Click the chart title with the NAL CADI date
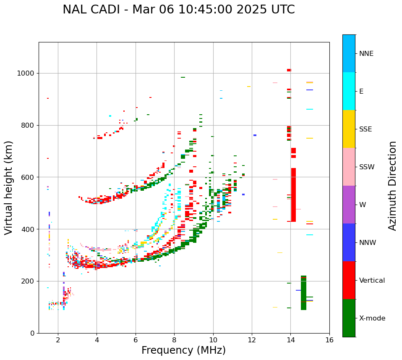[x=178, y=10]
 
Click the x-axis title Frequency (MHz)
[x=183, y=350]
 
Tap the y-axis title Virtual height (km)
[x=9, y=187]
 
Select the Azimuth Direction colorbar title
[x=392, y=185]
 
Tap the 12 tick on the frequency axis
[x=252, y=340]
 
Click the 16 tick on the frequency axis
[x=329, y=340]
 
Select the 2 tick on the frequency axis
[x=58, y=340]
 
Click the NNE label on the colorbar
[x=366, y=54]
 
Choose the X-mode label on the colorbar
[x=372, y=318]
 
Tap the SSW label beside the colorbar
[x=367, y=167]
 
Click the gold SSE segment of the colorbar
[x=349, y=129]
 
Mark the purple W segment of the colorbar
[x=349, y=205]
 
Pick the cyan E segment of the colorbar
[x=349, y=91]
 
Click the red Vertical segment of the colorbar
[x=349, y=280]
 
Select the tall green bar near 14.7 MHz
[x=303, y=293]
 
